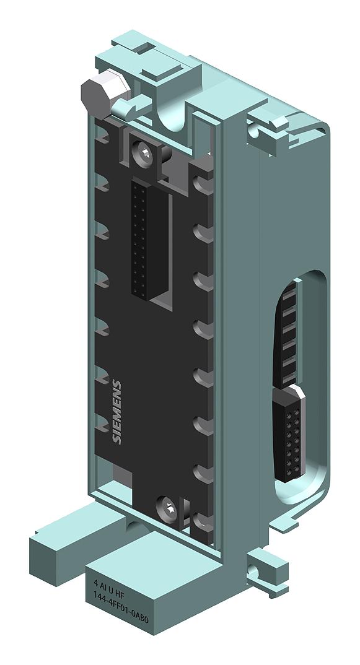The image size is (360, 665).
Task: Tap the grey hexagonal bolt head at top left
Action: [97, 95]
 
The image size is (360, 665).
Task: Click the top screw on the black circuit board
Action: [144, 150]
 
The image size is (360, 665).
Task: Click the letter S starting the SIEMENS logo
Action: [118, 439]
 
